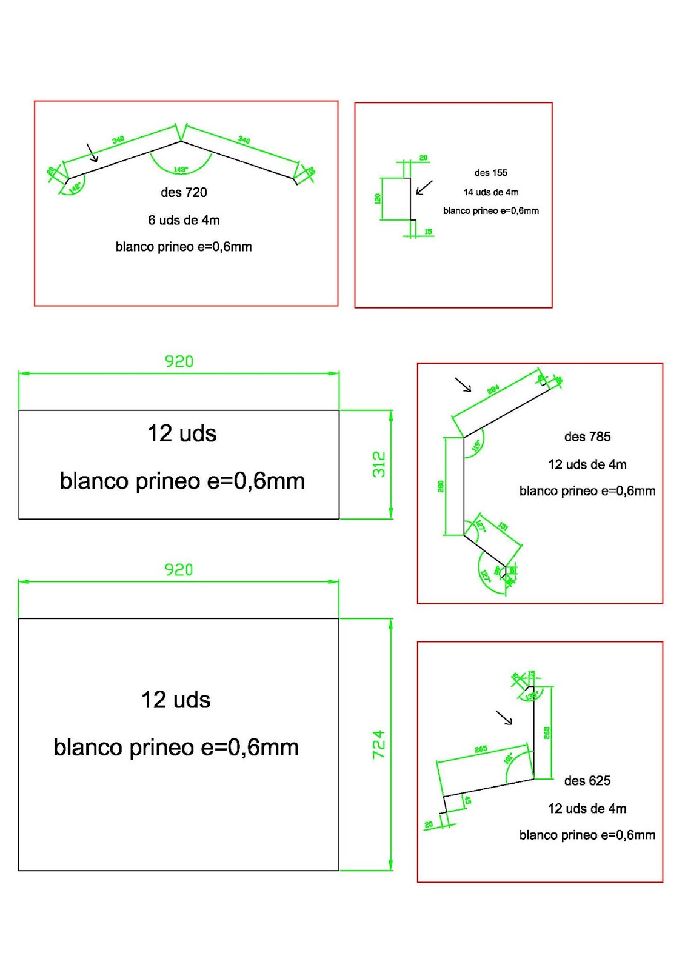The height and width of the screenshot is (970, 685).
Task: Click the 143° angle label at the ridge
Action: click(x=181, y=169)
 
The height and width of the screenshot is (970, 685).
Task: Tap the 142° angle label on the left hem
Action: click(x=75, y=187)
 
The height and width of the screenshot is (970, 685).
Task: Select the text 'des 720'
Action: click(x=184, y=193)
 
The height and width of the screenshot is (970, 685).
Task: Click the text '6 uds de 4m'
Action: click(x=184, y=220)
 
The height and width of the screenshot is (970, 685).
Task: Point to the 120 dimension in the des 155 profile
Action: click(x=378, y=198)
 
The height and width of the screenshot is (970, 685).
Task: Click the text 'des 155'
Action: click(x=491, y=173)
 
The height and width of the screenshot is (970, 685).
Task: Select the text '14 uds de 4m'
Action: click(x=491, y=192)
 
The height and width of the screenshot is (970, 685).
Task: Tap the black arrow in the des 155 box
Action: click(x=424, y=187)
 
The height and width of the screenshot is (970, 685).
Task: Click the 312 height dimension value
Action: click(x=379, y=464)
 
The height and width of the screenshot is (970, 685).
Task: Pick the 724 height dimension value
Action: click(x=379, y=744)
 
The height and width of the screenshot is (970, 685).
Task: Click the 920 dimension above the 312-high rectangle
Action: click(x=179, y=361)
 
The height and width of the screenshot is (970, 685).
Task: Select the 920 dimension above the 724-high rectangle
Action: click(x=179, y=570)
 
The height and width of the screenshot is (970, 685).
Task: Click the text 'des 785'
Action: click(x=587, y=436)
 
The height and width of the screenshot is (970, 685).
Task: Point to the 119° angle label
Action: click(x=476, y=446)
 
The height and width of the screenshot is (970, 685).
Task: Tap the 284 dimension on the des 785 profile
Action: click(x=493, y=389)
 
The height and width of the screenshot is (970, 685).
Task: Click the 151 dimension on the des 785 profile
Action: click(x=503, y=526)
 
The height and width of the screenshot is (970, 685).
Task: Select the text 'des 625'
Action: click(x=587, y=781)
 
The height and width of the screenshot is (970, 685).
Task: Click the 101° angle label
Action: click(x=509, y=758)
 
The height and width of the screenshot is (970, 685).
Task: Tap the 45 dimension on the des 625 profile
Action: click(x=467, y=800)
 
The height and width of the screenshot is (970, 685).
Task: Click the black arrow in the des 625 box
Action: click(x=504, y=718)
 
